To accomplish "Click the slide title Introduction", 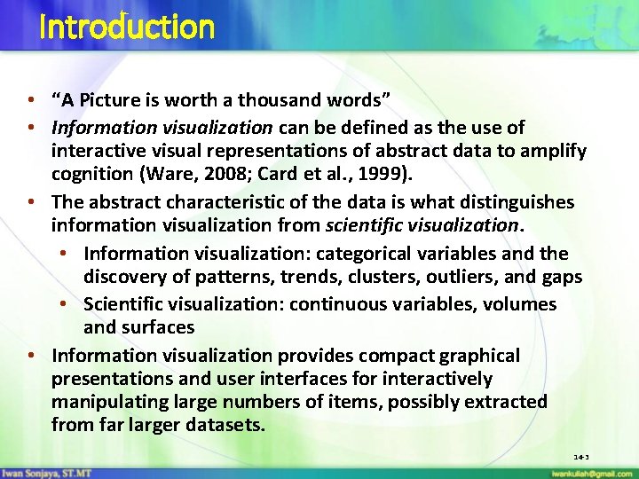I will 127,27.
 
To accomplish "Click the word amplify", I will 552,152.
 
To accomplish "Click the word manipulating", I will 109,402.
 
